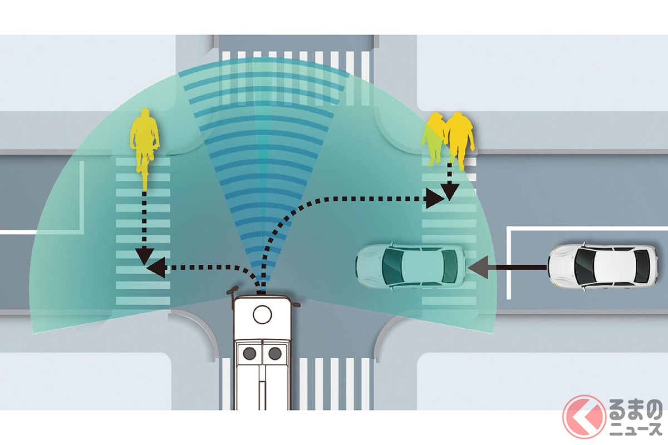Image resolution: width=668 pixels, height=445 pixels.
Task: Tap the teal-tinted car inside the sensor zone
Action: (x=411, y=265)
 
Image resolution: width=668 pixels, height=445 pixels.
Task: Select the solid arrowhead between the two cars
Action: (x=478, y=267)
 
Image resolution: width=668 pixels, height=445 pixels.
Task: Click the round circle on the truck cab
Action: (x=262, y=314)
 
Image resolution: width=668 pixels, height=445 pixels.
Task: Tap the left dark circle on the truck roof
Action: (x=249, y=354)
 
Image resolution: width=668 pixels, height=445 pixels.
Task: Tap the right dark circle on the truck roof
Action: (x=274, y=354)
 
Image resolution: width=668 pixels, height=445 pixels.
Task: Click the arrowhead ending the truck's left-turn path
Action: (x=156, y=268)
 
